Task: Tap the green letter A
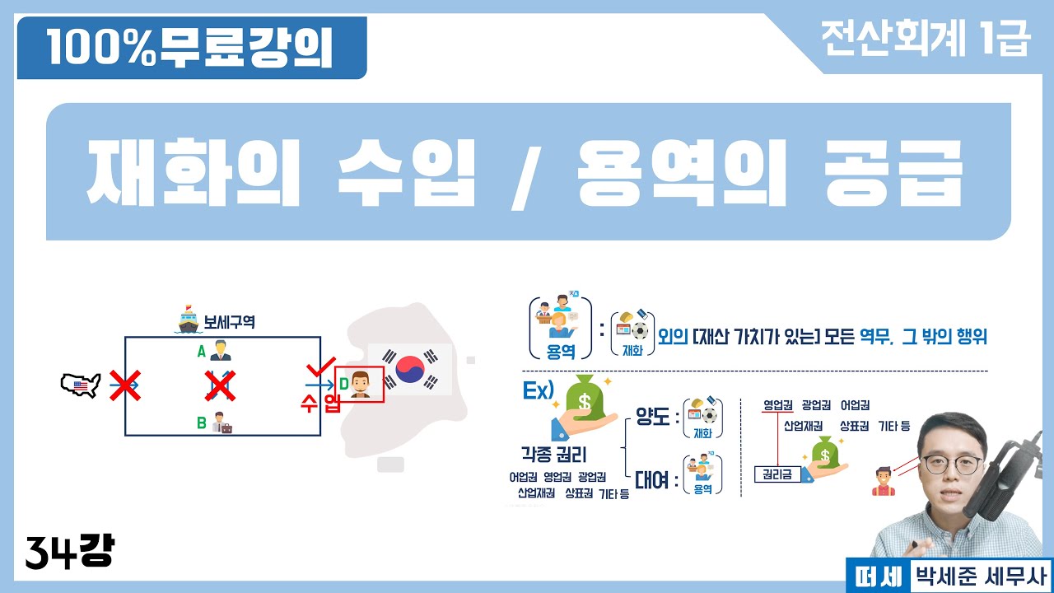click(201, 349)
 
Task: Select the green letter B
click(201, 423)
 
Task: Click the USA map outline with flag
click(81, 384)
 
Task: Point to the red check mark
click(318, 368)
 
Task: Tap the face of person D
click(359, 383)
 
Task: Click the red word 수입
click(320, 404)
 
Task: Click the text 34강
click(69, 551)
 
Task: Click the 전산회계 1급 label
click(925, 39)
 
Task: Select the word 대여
click(651, 479)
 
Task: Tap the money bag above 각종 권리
click(584, 399)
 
